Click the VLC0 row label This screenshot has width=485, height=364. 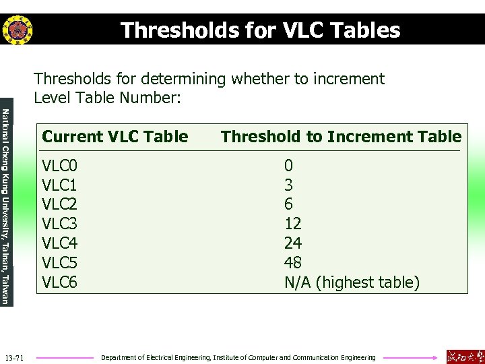coord(60,165)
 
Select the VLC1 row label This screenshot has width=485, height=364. coord(60,185)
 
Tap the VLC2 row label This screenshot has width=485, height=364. coord(60,204)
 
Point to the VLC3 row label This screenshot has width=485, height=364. coord(60,224)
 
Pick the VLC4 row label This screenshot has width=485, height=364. coord(60,243)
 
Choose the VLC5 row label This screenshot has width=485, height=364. coord(60,263)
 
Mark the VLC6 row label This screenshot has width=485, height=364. coord(60,282)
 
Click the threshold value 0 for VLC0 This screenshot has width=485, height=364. coord(288,165)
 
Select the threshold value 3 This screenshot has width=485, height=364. coord(288,185)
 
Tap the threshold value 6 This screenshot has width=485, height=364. coord(288,204)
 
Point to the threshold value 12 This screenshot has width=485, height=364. coord(293,224)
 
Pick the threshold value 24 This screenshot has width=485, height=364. coord(293,243)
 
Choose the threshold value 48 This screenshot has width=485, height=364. coord(293,263)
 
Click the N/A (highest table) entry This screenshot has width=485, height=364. coord(352,282)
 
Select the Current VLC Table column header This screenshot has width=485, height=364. coord(115,137)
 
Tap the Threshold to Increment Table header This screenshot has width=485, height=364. coord(342,137)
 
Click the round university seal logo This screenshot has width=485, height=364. coord(17,30)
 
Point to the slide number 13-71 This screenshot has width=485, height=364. coord(13,357)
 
